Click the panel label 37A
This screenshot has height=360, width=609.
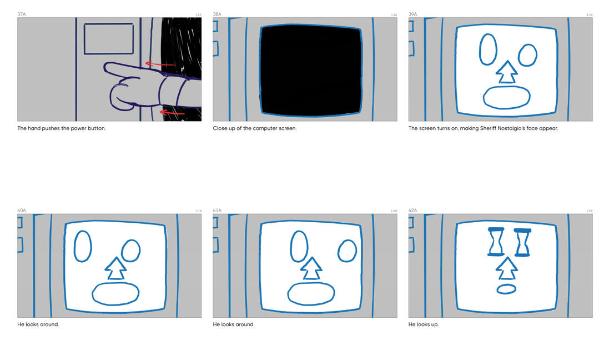21,14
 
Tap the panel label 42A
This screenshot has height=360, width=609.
412,211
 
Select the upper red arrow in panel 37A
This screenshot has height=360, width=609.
160,64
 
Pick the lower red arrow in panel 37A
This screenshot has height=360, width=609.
172,112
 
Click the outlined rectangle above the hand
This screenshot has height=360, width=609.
109,39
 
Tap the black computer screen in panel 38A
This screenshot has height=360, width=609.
311,71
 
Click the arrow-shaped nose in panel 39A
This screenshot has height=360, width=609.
507,72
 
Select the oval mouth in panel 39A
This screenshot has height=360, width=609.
506,97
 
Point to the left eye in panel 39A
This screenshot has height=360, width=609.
488,49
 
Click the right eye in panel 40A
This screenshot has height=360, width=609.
131,251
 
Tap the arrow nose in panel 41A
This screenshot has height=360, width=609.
311,268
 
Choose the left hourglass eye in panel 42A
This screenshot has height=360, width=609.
496,242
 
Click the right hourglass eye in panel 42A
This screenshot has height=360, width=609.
522,243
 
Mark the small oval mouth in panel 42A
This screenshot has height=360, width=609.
506,289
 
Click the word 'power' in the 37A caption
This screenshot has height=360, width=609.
79,128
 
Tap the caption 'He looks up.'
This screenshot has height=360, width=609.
424,324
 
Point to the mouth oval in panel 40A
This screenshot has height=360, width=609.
115,294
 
